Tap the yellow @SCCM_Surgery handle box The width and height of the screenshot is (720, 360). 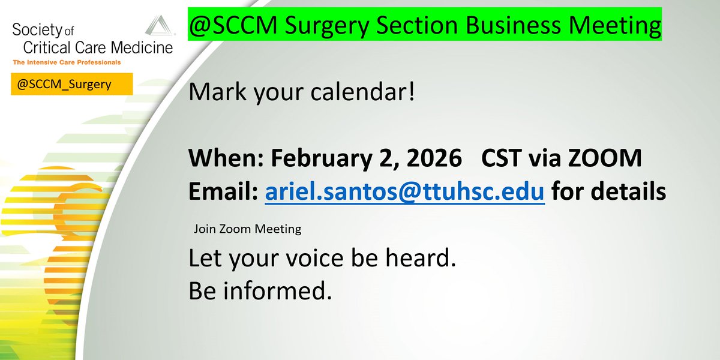point(71,85)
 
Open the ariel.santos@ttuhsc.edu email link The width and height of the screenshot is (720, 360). point(404,192)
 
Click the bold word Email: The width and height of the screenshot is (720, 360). point(223,192)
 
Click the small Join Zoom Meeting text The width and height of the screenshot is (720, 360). point(247,229)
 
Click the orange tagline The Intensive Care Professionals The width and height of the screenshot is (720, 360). point(65,62)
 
